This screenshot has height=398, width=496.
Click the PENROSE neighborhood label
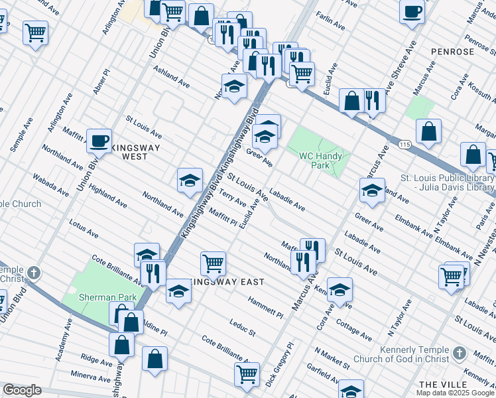tap(452, 51)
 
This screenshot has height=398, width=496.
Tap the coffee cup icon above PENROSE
tap(412, 11)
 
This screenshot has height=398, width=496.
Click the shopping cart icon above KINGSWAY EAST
tap(213, 263)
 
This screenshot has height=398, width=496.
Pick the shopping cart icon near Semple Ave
tap(35, 33)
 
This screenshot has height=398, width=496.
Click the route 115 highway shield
tap(403, 144)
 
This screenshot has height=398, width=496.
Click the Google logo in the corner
tap(21, 390)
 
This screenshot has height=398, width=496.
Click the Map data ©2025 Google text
tap(455, 393)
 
